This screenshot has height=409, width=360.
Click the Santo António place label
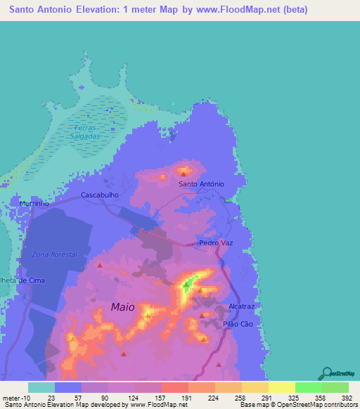(x=201, y=184)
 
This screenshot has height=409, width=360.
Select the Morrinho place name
(x=34, y=204)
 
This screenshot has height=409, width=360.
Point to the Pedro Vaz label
(x=215, y=243)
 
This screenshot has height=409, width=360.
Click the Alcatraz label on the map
(x=241, y=306)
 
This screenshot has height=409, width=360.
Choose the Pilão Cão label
(x=237, y=324)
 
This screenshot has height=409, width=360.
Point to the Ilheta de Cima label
(x=23, y=280)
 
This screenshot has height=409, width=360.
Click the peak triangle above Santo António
(x=184, y=170)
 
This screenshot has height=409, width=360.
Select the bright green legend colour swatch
(x=308, y=387)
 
